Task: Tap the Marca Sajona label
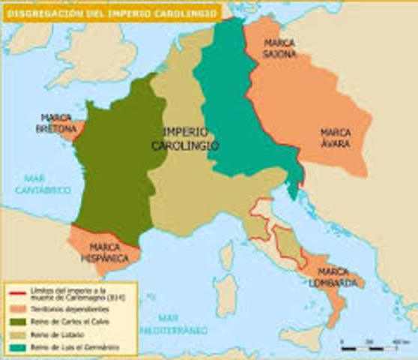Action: coord(279,49)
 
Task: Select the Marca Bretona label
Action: coord(57,124)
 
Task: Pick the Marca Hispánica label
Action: coord(106,252)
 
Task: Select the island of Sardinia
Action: coord(221,289)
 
